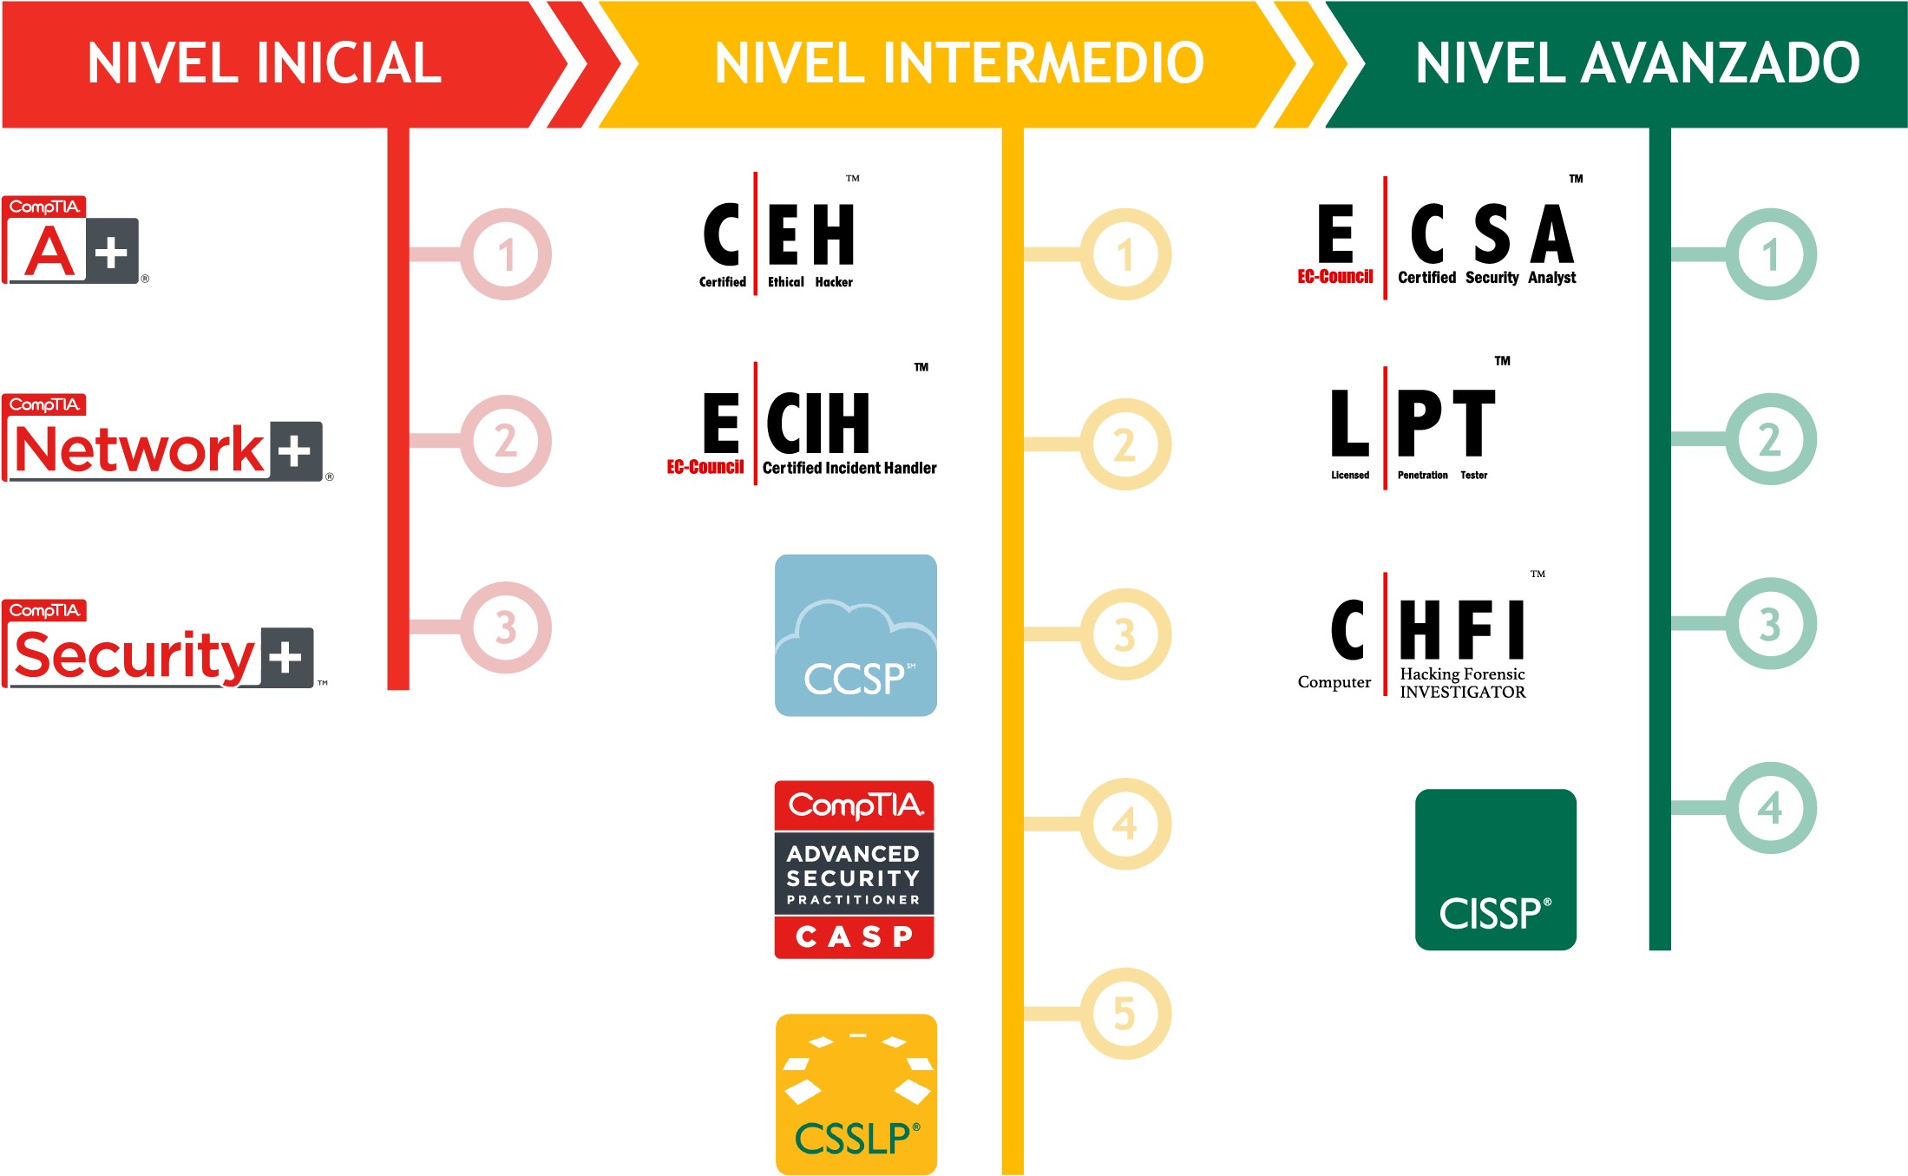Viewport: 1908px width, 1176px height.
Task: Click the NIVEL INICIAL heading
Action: click(265, 63)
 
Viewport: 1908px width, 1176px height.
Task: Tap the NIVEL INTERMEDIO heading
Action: click(959, 63)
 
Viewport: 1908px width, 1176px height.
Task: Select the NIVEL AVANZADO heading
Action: click(1637, 63)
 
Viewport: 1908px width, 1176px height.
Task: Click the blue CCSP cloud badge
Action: click(856, 635)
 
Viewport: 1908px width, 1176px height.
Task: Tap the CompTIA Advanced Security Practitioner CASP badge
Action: click(854, 870)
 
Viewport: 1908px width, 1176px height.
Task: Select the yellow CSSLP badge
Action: click(856, 1094)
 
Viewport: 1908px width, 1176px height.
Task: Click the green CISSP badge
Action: click(1496, 870)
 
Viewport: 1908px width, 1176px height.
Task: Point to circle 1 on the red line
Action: click(506, 254)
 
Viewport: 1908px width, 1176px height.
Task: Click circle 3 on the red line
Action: click(506, 627)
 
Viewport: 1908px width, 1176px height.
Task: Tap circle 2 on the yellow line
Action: click(1125, 444)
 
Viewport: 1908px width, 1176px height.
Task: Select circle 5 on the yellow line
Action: click(1125, 1013)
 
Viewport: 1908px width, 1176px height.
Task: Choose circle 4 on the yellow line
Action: click(1125, 824)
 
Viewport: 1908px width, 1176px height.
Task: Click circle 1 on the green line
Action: click(1771, 254)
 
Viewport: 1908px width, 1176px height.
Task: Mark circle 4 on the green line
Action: click(1771, 807)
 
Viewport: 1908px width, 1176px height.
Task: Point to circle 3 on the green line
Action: click(1771, 623)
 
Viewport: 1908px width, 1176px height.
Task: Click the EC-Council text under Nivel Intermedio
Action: click(705, 467)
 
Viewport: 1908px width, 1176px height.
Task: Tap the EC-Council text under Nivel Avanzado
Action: click(1334, 276)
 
